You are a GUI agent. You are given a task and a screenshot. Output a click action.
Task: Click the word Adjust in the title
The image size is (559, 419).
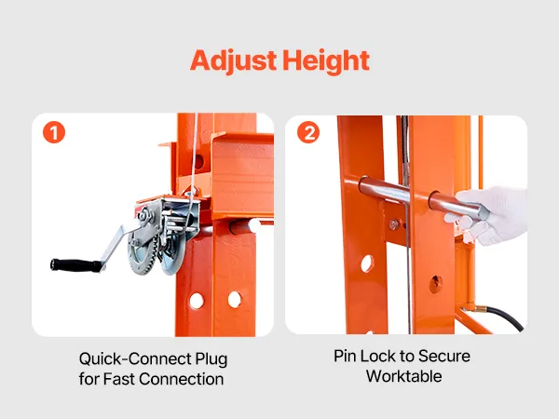click(234, 61)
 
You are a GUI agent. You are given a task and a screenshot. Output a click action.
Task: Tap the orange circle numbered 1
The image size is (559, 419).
click(54, 133)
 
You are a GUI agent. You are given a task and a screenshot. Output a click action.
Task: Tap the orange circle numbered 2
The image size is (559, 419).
click(308, 132)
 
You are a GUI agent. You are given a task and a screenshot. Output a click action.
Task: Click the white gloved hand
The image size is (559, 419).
click(491, 216)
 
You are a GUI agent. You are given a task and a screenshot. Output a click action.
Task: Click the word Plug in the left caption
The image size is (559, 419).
click(211, 359)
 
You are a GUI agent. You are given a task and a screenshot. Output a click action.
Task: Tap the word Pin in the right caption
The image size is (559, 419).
click(345, 356)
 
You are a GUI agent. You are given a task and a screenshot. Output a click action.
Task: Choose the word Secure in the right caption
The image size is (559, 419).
click(443, 356)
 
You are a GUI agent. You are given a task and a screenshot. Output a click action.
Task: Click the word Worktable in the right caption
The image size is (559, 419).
click(404, 376)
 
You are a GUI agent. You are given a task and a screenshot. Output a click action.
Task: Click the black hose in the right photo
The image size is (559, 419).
click(506, 316)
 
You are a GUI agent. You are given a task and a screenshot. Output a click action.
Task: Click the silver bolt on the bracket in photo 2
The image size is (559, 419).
click(393, 224)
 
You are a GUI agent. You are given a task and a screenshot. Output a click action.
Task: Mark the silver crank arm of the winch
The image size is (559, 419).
click(114, 246)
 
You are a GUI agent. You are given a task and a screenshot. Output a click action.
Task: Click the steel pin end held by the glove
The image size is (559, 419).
click(480, 214)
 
